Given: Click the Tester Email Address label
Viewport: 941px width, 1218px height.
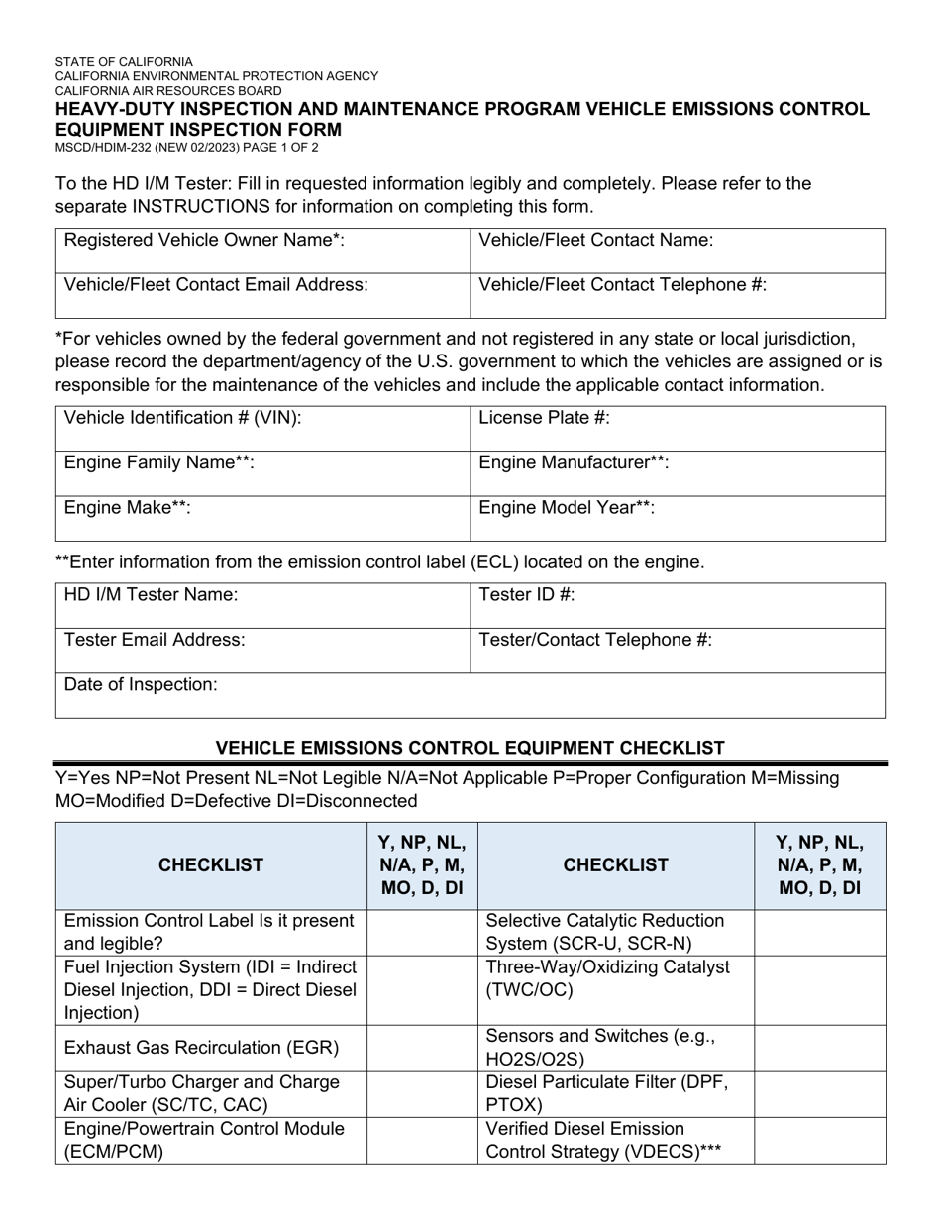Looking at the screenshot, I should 155,640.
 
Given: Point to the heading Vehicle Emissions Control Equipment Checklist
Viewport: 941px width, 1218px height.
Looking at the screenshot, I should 470,748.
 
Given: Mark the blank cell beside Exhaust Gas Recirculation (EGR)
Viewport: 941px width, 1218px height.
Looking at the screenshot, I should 422,1048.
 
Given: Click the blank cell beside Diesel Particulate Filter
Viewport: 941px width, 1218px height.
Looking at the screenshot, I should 820,1093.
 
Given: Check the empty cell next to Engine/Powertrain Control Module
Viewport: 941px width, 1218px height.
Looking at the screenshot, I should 422,1140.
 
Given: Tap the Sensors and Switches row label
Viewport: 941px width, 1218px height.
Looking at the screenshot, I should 600,1048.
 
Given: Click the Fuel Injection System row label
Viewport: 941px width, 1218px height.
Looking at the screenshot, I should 210,989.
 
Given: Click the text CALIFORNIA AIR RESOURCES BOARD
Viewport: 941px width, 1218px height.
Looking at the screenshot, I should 168,90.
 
